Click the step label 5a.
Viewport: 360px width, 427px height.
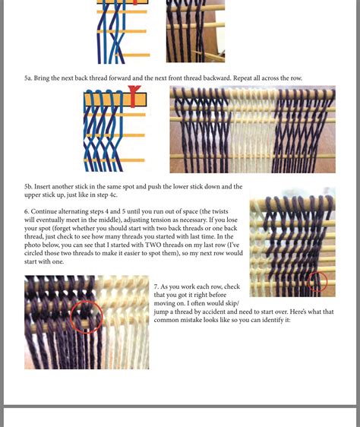click(x=28, y=78)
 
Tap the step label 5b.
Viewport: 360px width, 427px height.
click(x=28, y=186)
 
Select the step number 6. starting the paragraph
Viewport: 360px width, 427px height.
click(x=27, y=210)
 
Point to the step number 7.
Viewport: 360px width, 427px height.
click(x=156, y=286)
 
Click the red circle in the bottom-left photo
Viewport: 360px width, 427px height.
click(x=86, y=317)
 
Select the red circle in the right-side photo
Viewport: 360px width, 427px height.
click(x=317, y=282)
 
